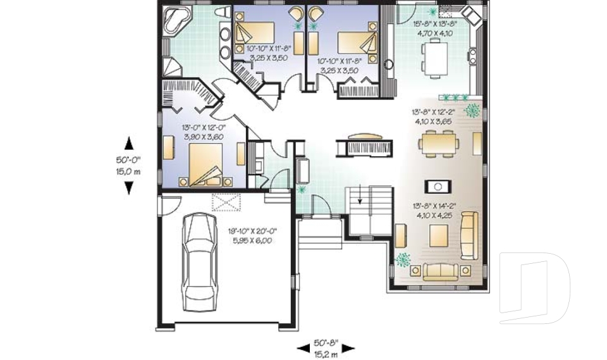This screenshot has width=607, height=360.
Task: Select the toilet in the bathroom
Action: coord(221,13)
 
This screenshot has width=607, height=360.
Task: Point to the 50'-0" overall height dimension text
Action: coord(128,161)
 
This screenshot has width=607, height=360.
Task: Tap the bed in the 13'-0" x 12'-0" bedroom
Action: coord(204,164)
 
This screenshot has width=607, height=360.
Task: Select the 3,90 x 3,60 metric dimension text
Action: coord(204,136)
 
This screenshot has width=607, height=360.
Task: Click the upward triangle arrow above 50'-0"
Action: coord(128,141)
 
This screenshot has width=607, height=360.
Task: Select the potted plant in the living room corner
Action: coord(403,259)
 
